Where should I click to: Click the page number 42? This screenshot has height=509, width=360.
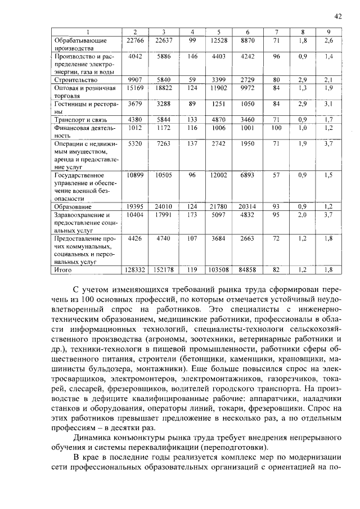[338, 16]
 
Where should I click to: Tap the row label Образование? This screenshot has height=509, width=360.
[73, 207]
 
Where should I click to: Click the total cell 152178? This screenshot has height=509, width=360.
[163, 270]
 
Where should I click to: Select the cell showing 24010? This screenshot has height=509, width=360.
[163, 207]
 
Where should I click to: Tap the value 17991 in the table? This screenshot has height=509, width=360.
[163, 215]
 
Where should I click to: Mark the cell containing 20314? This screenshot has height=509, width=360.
[247, 207]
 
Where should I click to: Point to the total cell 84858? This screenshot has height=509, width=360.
[247, 270]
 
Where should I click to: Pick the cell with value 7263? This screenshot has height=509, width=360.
[163, 144]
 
